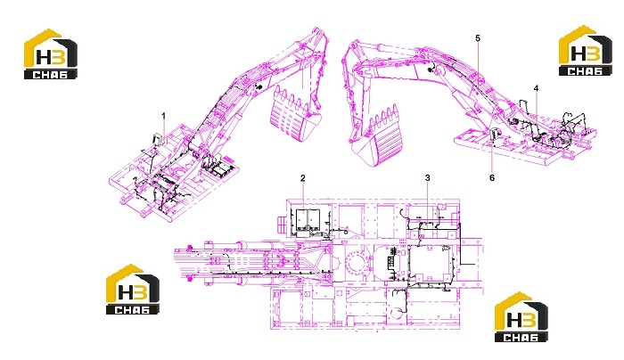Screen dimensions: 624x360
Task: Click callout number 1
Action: click(x=163, y=116)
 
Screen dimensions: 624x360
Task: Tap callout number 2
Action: click(x=303, y=178)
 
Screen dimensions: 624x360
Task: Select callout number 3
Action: click(x=427, y=177)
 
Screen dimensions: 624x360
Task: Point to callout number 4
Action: click(x=536, y=88)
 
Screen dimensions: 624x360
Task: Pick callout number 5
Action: click(x=478, y=38)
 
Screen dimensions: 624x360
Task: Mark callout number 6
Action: click(x=492, y=178)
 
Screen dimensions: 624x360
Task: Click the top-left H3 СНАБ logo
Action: click(x=51, y=54)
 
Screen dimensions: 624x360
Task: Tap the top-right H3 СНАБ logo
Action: click(x=586, y=51)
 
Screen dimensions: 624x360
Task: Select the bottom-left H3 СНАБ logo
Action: click(x=133, y=290)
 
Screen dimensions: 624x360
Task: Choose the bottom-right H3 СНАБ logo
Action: click(x=521, y=317)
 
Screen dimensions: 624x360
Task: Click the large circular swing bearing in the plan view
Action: click(x=357, y=264)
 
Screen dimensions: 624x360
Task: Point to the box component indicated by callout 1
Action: click(x=156, y=139)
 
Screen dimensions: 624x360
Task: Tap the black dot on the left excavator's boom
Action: click(x=258, y=87)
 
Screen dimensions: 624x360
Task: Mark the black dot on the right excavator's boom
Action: click(x=430, y=70)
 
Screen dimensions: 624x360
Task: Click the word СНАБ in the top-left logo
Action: click(x=51, y=74)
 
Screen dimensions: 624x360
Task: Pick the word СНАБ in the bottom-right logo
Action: click(x=521, y=338)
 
